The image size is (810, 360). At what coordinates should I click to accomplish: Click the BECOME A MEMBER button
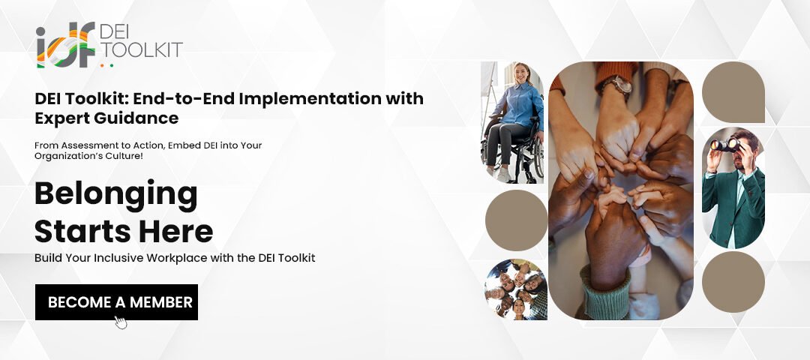[116, 302]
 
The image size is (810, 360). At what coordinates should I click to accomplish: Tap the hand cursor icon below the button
[121, 322]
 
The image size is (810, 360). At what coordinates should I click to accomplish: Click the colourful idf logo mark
[65, 45]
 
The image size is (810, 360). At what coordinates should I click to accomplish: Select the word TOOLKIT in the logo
[140, 49]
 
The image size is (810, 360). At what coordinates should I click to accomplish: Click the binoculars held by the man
[725, 145]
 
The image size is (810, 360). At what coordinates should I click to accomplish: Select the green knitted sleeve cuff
[605, 294]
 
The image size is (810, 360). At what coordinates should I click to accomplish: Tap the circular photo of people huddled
[516, 289]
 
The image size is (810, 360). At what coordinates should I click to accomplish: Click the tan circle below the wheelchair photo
[516, 220]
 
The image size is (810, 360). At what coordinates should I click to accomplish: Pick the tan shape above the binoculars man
[733, 92]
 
